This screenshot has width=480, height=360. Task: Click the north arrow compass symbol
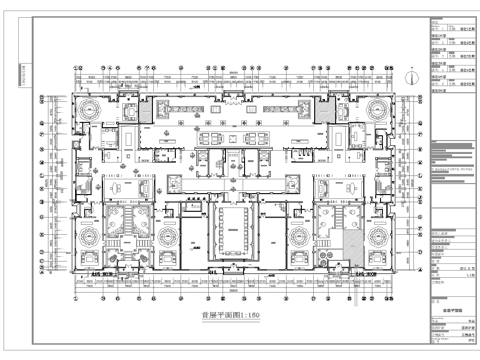pos(412,76)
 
